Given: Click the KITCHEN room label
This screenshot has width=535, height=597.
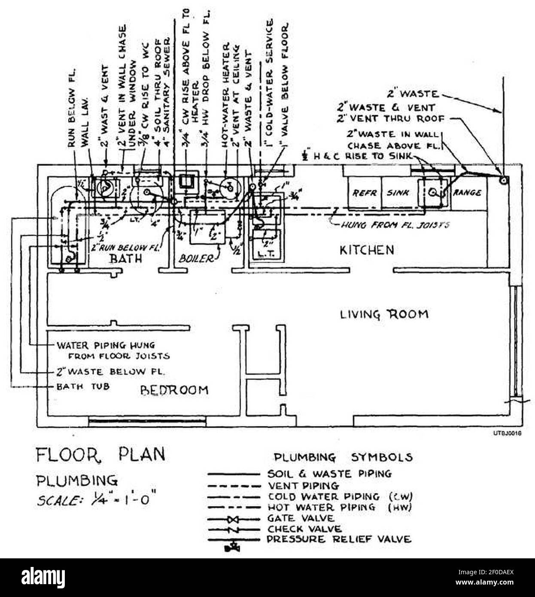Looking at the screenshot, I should (366, 250).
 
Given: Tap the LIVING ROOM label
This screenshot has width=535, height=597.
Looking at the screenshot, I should (384, 314).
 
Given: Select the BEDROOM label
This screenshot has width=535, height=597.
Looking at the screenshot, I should (174, 390).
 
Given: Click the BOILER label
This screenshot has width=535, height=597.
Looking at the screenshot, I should (195, 259).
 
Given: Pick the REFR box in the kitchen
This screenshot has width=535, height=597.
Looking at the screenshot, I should (364, 193).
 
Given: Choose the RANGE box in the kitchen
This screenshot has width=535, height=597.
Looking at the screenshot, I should (467, 193).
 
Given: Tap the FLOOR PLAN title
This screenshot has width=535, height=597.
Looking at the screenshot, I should (100, 454).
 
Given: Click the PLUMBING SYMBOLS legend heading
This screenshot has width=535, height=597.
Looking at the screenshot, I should (343, 457).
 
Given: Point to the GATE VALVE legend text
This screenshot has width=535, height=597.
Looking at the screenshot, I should (300, 518).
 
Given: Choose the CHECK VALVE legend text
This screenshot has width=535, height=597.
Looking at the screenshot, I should (304, 529).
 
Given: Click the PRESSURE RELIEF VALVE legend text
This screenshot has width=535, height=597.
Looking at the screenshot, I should (339, 539).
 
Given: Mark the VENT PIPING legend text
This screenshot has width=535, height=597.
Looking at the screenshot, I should (303, 486).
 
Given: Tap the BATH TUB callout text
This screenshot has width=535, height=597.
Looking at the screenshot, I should (83, 387).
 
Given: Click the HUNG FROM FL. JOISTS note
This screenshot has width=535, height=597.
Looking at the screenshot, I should (395, 224).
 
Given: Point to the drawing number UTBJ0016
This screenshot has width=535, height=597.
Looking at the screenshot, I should (507, 434).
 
